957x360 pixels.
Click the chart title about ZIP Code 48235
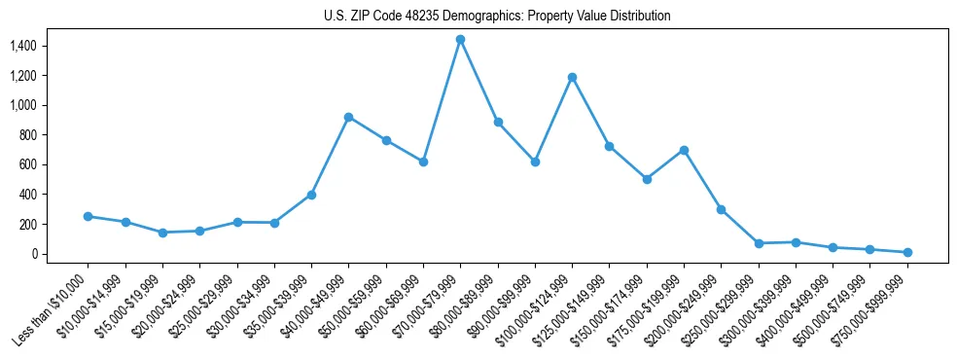tap(497, 17)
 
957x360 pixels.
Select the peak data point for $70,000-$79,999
tap(460, 40)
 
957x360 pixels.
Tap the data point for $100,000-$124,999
tap(572, 77)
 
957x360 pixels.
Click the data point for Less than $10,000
tap(88, 216)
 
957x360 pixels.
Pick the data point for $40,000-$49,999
tap(348, 117)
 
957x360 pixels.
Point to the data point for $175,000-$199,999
tap(684, 150)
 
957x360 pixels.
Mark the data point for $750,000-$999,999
tap(907, 252)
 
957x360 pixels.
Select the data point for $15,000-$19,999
tap(162, 233)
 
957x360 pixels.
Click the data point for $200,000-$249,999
tap(721, 209)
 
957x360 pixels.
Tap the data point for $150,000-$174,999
tap(647, 179)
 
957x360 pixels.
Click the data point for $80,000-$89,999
tap(498, 123)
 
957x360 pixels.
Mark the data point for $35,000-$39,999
tap(311, 195)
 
